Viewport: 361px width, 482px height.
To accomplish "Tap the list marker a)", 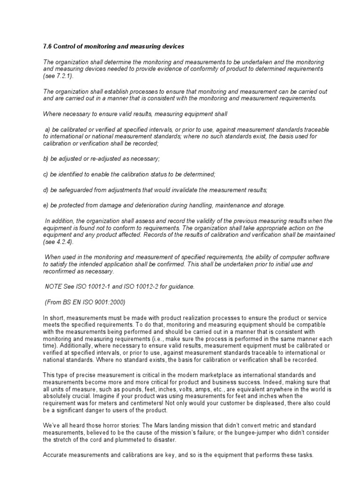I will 48,129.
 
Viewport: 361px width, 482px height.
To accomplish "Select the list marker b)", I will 46,159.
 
